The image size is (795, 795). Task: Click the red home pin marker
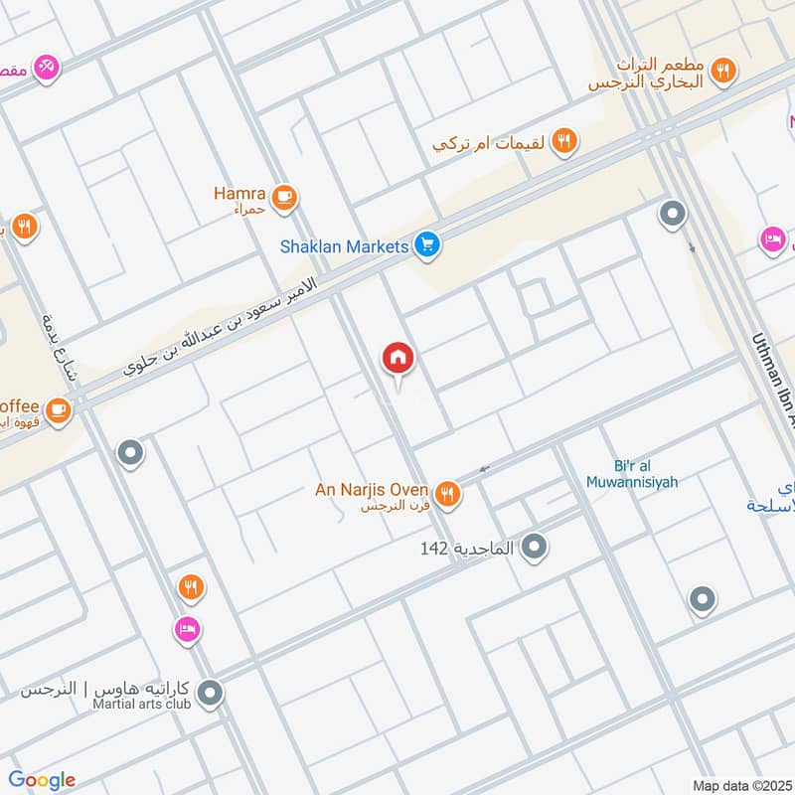(398, 359)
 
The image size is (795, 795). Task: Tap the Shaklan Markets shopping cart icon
(427, 245)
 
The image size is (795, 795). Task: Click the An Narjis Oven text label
(371, 489)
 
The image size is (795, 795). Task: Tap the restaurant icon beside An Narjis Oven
(448, 493)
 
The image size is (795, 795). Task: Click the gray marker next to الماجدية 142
(535, 547)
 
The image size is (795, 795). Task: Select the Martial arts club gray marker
(209, 694)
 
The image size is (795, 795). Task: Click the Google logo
(41, 780)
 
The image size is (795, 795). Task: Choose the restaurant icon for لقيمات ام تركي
(564, 142)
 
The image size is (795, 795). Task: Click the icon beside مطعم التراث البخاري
(725, 70)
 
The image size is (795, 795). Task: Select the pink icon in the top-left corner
(45, 68)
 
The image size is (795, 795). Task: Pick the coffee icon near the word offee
(59, 408)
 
